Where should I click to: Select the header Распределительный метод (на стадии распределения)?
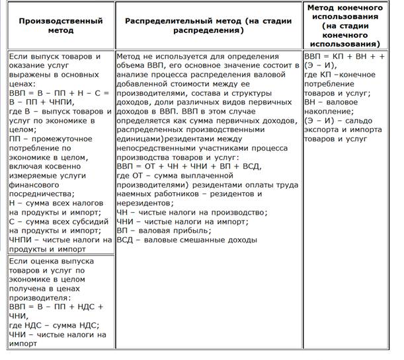coord(208,26)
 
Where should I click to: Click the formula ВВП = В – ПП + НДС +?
coord(57,306)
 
